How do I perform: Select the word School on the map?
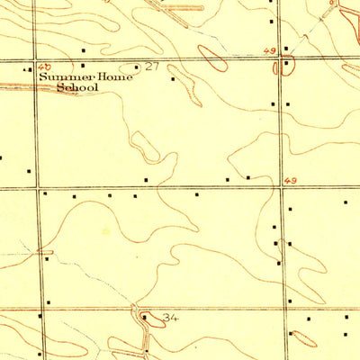tap(76, 88)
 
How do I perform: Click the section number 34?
tap(172, 318)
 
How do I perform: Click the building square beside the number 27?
tap(136, 67)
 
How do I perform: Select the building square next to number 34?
tap(145, 317)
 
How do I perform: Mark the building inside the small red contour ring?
tap(285, 62)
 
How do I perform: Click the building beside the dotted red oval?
tap(292, 334)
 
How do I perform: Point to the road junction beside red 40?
tap(36, 61)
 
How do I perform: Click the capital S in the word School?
tap(61, 88)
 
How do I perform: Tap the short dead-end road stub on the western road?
tap(45, 252)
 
